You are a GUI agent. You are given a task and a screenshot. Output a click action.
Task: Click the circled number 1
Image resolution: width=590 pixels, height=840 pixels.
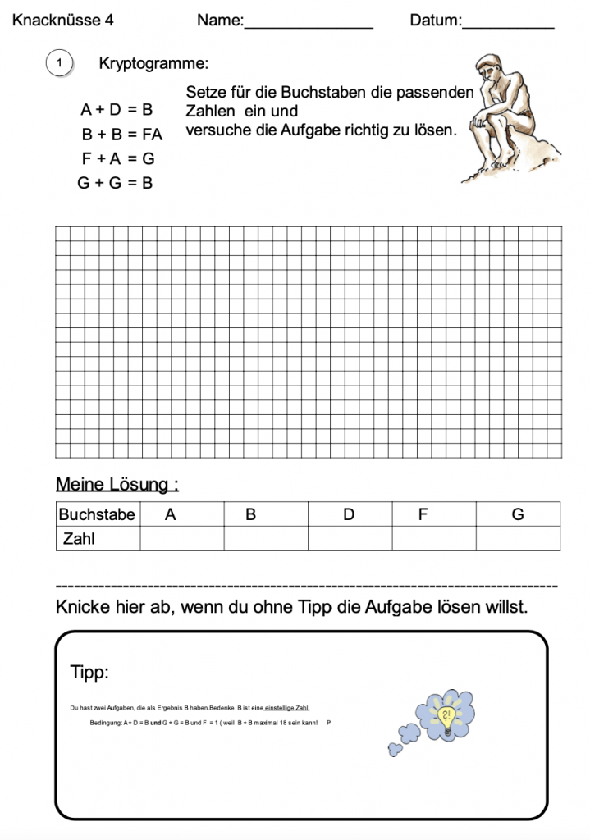pyautogui.click(x=60, y=62)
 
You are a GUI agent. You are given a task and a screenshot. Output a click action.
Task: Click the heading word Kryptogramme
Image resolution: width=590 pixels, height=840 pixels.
pyautogui.click(x=153, y=62)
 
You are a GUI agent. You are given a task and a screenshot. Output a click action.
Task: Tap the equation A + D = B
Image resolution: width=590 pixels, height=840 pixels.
pyautogui.click(x=117, y=109)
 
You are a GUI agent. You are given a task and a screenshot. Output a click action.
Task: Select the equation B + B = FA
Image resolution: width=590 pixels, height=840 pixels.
pyautogui.click(x=121, y=134)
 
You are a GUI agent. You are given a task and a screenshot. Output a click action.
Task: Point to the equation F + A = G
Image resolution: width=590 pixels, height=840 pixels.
pyautogui.click(x=117, y=158)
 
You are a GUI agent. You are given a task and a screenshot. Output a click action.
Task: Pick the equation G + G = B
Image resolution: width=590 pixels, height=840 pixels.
pyautogui.click(x=115, y=183)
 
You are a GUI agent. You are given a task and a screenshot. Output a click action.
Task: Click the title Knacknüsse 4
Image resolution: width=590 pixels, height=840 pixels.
pyautogui.click(x=63, y=21)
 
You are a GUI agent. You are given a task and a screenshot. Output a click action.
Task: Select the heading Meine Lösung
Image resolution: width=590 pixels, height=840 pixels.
pyautogui.click(x=117, y=484)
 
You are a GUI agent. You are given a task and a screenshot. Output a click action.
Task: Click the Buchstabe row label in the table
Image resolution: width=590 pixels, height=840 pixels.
pyautogui.click(x=97, y=514)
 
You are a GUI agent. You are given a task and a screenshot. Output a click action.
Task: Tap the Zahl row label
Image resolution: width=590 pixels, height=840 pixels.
pyautogui.click(x=80, y=539)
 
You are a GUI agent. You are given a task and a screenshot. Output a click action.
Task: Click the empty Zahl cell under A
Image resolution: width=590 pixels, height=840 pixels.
pyautogui.click(x=181, y=538)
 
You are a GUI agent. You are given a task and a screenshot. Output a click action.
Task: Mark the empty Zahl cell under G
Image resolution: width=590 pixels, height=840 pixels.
pyautogui.click(x=518, y=538)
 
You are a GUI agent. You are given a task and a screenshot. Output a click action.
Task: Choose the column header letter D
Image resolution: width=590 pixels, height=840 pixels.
pyautogui.click(x=349, y=514)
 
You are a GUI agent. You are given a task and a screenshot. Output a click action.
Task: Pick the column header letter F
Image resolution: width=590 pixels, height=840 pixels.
pyautogui.click(x=423, y=514)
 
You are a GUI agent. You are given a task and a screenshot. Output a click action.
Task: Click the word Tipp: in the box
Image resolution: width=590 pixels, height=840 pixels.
pyautogui.click(x=89, y=673)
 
